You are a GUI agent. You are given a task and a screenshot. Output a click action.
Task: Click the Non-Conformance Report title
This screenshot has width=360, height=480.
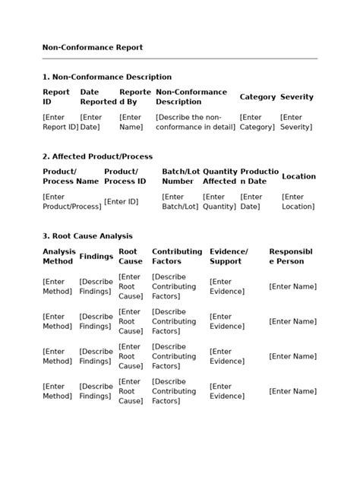pyautogui.click(x=92, y=48)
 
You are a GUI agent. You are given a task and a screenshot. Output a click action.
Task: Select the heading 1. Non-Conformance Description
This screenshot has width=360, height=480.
pyautogui.click(x=107, y=77)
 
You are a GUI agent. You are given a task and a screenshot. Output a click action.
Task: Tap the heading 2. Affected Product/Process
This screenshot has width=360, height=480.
pyautogui.click(x=97, y=156)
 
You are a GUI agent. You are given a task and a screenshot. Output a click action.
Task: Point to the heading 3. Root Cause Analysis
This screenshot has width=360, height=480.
pyautogui.click(x=87, y=236)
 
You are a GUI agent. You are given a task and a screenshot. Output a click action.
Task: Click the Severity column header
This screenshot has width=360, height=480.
pyautogui.click(x=296, y=97)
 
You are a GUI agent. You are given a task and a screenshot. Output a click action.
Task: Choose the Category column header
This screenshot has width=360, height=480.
pyautogui.click(x=257, y=97)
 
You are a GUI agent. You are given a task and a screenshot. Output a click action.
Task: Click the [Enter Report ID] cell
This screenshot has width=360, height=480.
pyautogui.click(x=60, y=122)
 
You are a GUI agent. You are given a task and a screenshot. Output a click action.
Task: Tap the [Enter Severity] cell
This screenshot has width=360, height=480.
pyautogui.click(x=295, y=122)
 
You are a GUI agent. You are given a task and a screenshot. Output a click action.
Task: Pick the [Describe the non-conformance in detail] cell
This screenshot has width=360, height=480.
pyautogui.click(x=194, y=122)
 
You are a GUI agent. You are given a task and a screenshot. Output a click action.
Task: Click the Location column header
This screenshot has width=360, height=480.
pyautogui.click(x=298, y=176)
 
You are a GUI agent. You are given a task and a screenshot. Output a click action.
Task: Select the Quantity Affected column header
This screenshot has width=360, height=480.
pyautogui.click(x=219, y=176)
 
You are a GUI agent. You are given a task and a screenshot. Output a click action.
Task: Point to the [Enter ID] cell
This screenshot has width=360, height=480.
pyautogui.click(x=122, y=201)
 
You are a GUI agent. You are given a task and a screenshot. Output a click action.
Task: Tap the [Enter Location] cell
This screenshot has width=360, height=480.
pyautogui.click(x=298, y=201)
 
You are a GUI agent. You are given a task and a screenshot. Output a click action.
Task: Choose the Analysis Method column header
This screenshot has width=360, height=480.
pyautogui.click(x=58, y=256)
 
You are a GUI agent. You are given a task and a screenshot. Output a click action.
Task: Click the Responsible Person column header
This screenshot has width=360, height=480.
pyautogui.click(x=291, y=256)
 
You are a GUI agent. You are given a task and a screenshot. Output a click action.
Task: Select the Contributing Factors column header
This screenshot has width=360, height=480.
pyautogui.click(x=177, y=256)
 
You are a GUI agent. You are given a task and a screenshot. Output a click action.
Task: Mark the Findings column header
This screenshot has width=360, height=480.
pyautogui.click(x=96, y=256)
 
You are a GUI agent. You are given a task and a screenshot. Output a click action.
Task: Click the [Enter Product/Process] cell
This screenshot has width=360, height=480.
pyautogui.click(x=71, y=201)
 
